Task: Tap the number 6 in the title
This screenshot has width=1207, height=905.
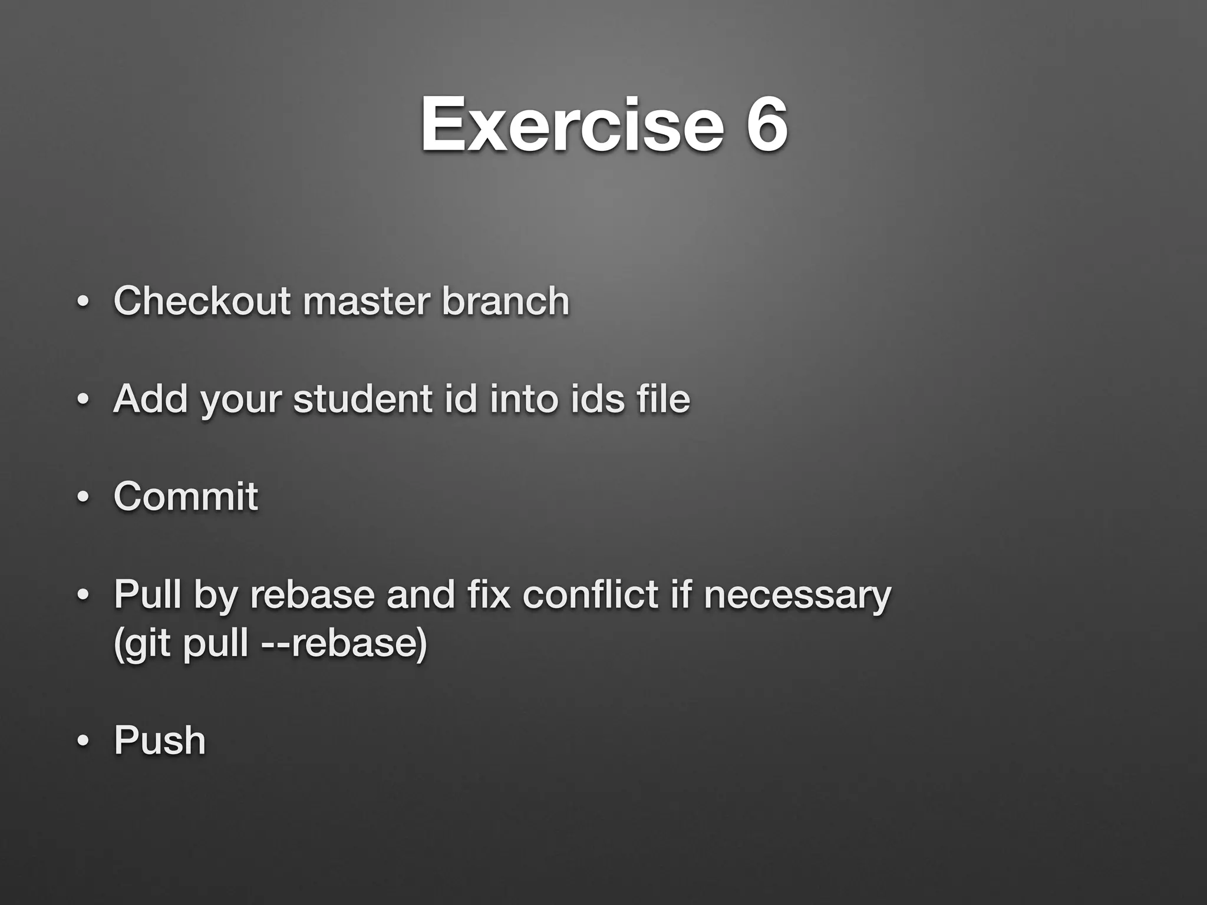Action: pos(766,125)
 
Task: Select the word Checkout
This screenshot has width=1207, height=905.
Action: pos(202,301)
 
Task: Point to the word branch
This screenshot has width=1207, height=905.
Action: pos(506,301)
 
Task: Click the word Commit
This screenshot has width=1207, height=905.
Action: pos(186,496)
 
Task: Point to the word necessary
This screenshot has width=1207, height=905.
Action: pos(797,595)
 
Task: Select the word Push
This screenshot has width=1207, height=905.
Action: pos(160,741)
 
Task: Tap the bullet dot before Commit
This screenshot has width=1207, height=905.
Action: pos(83,498)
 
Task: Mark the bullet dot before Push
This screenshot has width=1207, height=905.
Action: pos(83,742)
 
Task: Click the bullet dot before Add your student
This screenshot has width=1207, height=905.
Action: pos(83,401)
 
